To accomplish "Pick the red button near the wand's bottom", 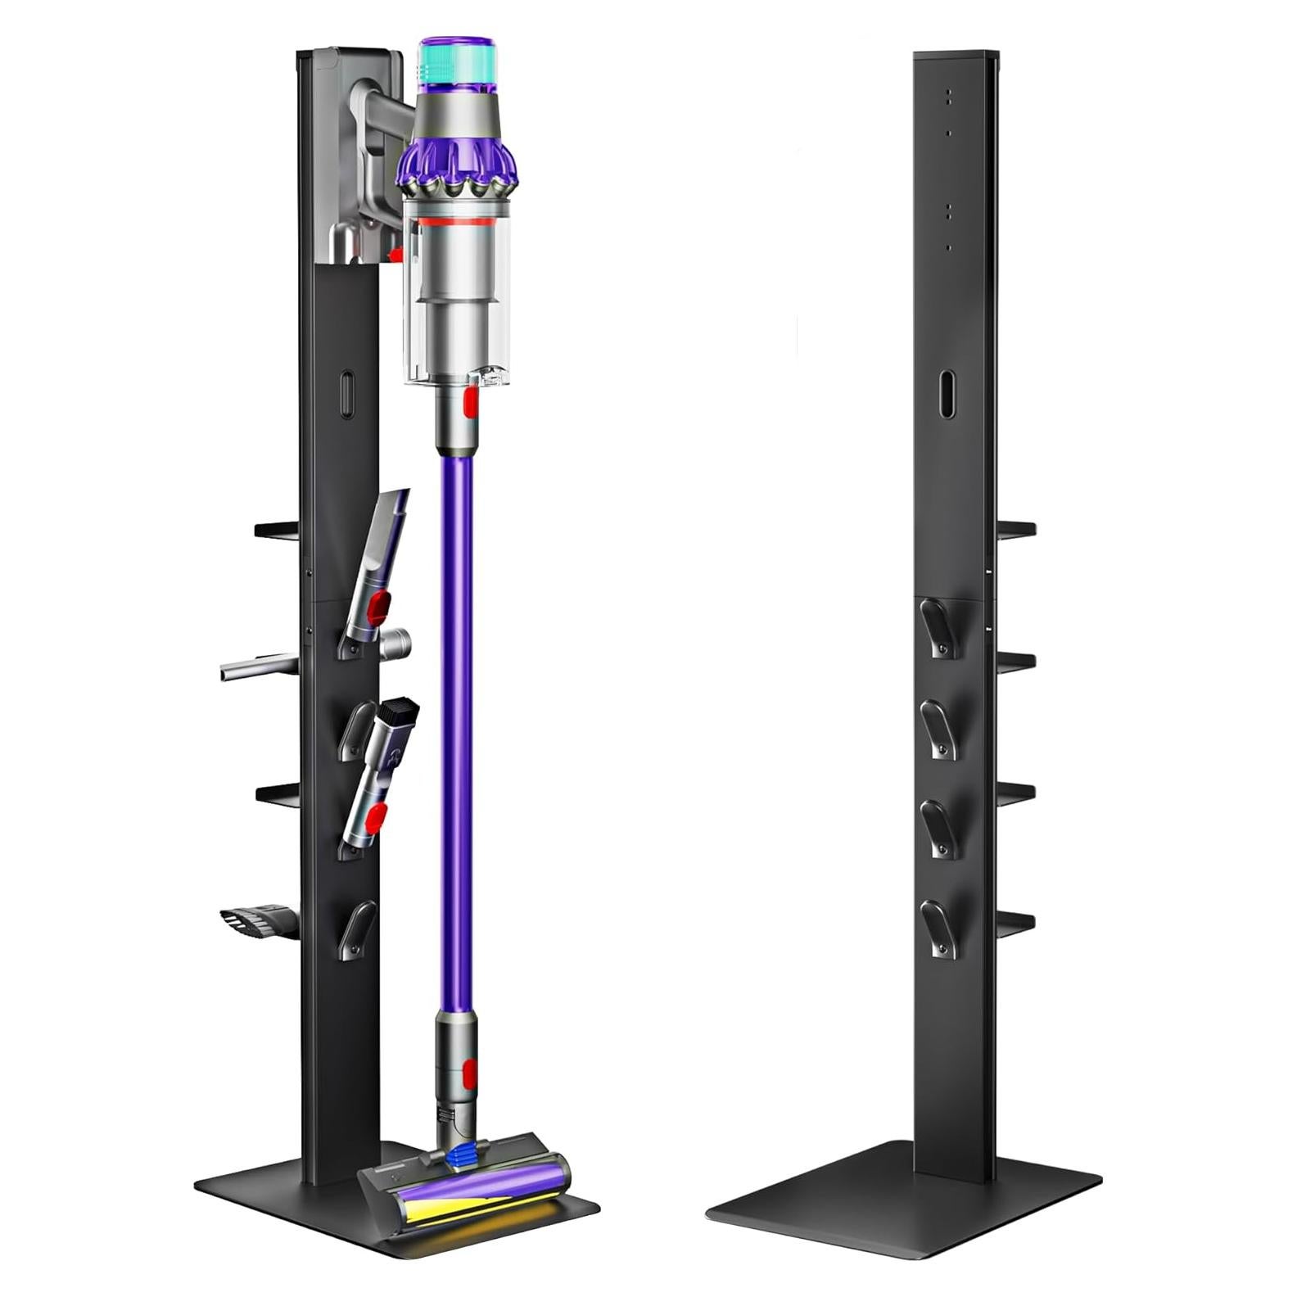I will coord(469,1069).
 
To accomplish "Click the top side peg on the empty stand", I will coord(1016,530).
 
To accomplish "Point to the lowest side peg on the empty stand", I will coord(1016,923).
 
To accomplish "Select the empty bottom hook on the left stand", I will coord(357,929).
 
